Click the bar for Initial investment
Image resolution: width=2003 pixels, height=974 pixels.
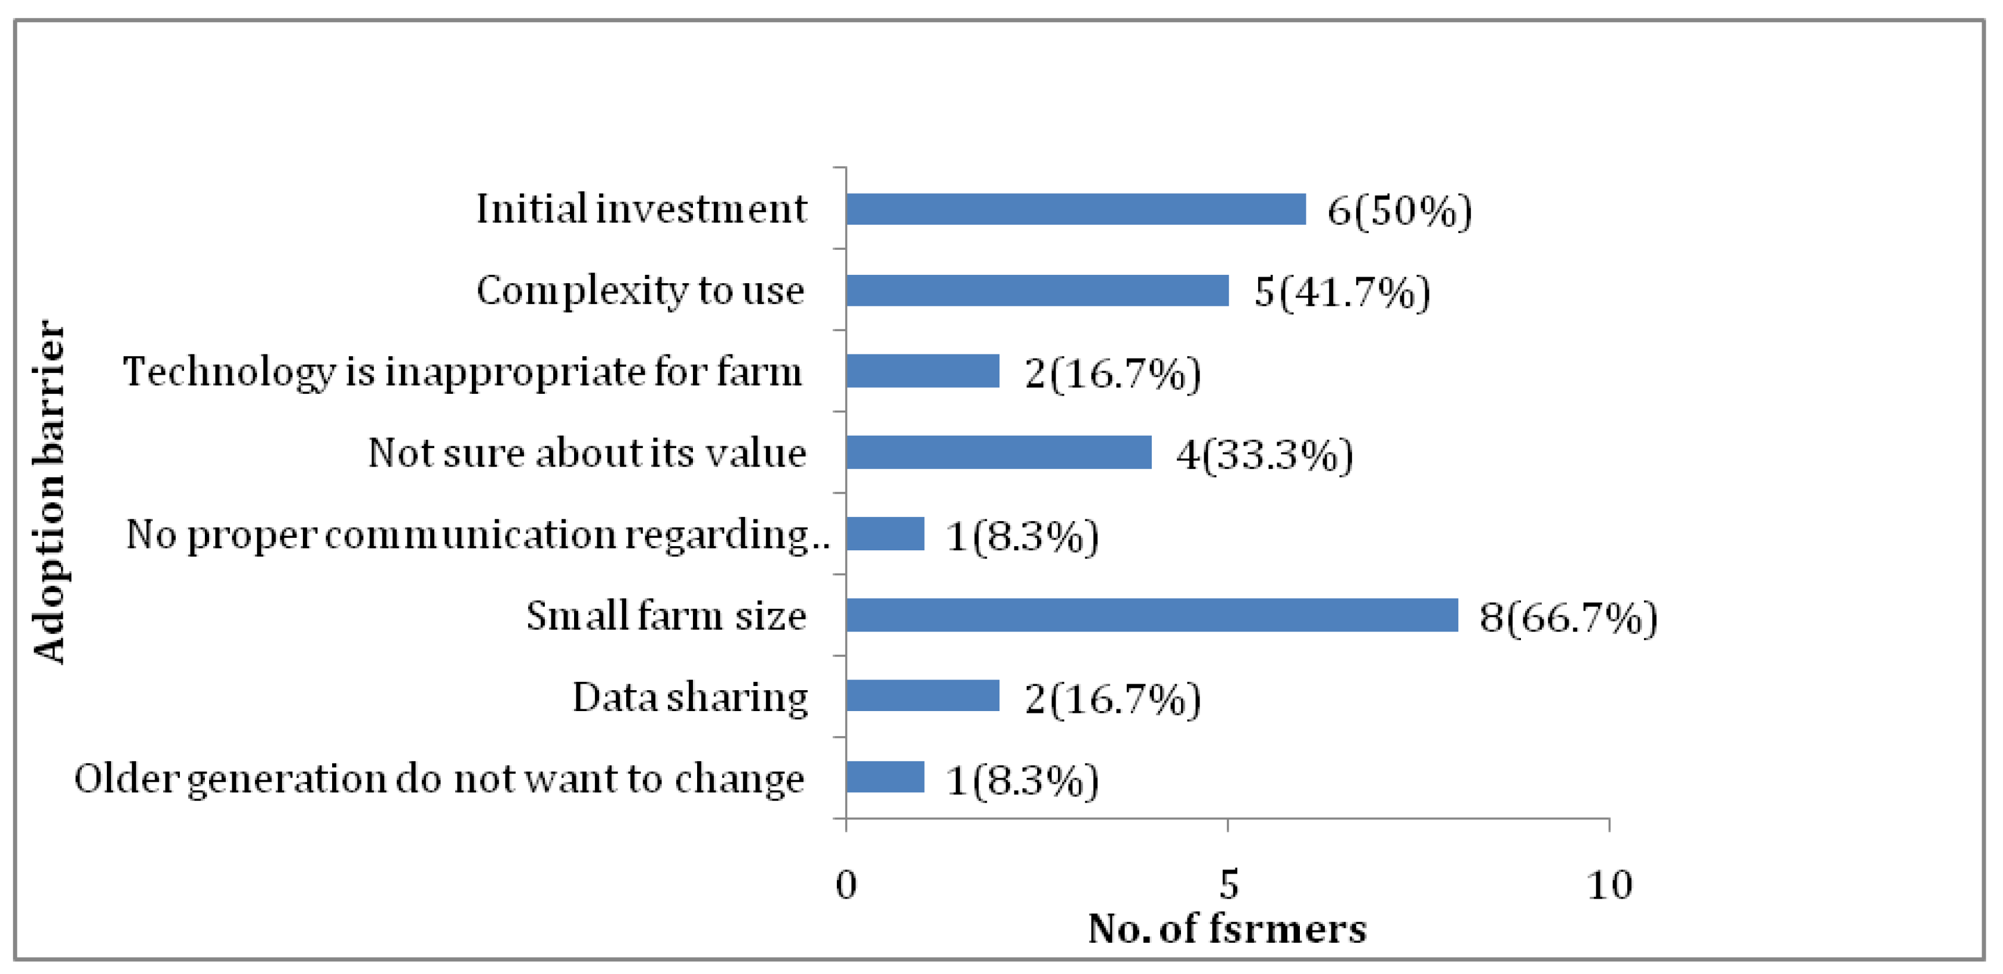coord(1075,209)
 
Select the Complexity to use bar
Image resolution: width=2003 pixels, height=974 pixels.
coord(1037,290)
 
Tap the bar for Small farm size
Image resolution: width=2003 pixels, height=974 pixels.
coord(1152,615)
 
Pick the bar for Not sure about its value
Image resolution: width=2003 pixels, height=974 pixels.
coord(998,453)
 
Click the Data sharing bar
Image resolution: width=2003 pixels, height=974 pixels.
coord(922,696)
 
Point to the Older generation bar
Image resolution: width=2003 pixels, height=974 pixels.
coord(885,777)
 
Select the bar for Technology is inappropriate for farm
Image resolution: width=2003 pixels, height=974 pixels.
coord(922,371)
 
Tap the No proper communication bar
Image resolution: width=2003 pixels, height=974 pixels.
coord(885,534)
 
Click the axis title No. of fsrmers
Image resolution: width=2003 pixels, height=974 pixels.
coord(1227,929)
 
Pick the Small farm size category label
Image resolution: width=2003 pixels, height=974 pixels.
coord(666,616)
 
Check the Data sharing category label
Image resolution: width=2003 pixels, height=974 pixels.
coord(691,697)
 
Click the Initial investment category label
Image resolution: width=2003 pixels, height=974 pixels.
coord(642,209)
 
